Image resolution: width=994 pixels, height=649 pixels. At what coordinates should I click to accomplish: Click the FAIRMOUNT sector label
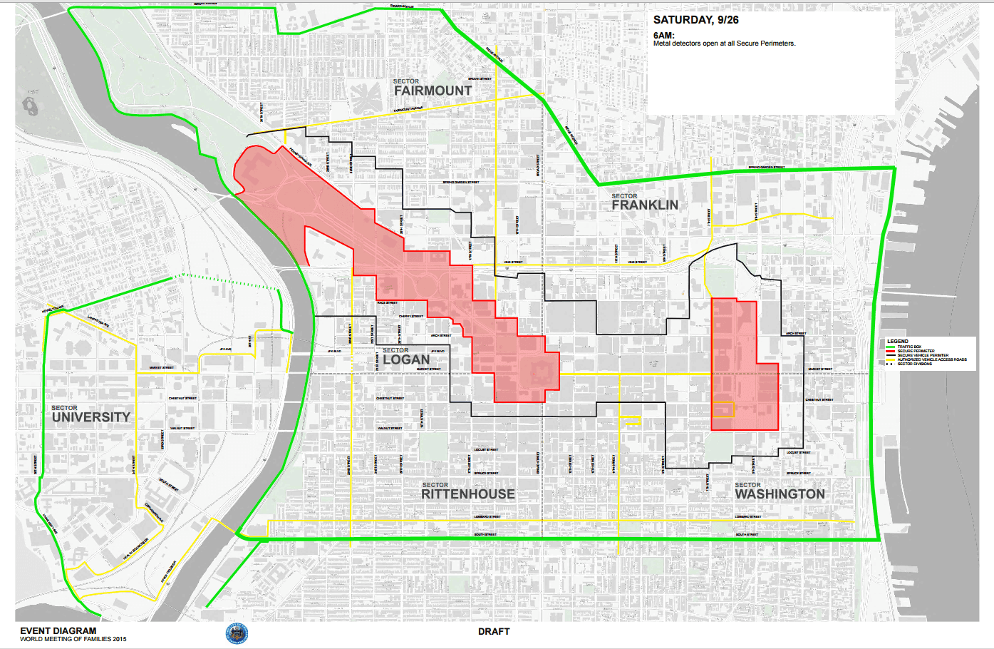[433, 91]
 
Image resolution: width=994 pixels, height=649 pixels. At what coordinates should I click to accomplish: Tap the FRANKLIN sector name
[644, 205]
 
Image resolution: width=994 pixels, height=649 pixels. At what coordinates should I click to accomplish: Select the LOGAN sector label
[406, 359]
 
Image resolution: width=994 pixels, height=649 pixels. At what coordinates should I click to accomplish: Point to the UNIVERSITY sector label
[90, 417]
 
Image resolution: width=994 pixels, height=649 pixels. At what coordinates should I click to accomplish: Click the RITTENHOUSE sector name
[467, 494]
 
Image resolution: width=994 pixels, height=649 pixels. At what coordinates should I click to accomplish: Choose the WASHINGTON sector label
[780, 494]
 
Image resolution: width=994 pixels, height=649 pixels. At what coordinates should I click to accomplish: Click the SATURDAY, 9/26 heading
[695, 20]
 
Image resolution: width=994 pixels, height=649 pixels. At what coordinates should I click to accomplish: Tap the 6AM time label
[663, 35]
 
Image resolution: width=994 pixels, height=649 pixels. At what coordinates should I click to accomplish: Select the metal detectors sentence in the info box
[724, 44]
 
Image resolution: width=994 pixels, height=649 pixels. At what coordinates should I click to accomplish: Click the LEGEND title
[897, 342]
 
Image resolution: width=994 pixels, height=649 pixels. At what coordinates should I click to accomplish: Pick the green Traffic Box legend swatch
[890, 347]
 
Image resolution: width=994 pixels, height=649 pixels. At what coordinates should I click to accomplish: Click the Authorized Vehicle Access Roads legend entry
[931, 359]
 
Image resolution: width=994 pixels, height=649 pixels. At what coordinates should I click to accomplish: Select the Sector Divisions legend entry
[914, 364]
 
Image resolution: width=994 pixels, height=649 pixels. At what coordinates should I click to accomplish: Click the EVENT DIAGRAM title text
[58, 630]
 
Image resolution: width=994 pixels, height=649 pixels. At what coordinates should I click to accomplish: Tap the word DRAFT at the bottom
[494, 631]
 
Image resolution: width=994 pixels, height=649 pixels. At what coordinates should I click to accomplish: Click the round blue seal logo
[237, 633]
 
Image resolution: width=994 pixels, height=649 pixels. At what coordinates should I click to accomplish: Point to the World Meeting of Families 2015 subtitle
[73, 639]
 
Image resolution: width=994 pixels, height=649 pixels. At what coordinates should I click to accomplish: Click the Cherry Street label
[410, 316]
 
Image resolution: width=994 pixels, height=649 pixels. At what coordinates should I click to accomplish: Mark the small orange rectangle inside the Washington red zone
[723, 409]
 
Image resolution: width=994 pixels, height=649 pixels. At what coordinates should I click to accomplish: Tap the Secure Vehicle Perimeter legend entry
[923, 355]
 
